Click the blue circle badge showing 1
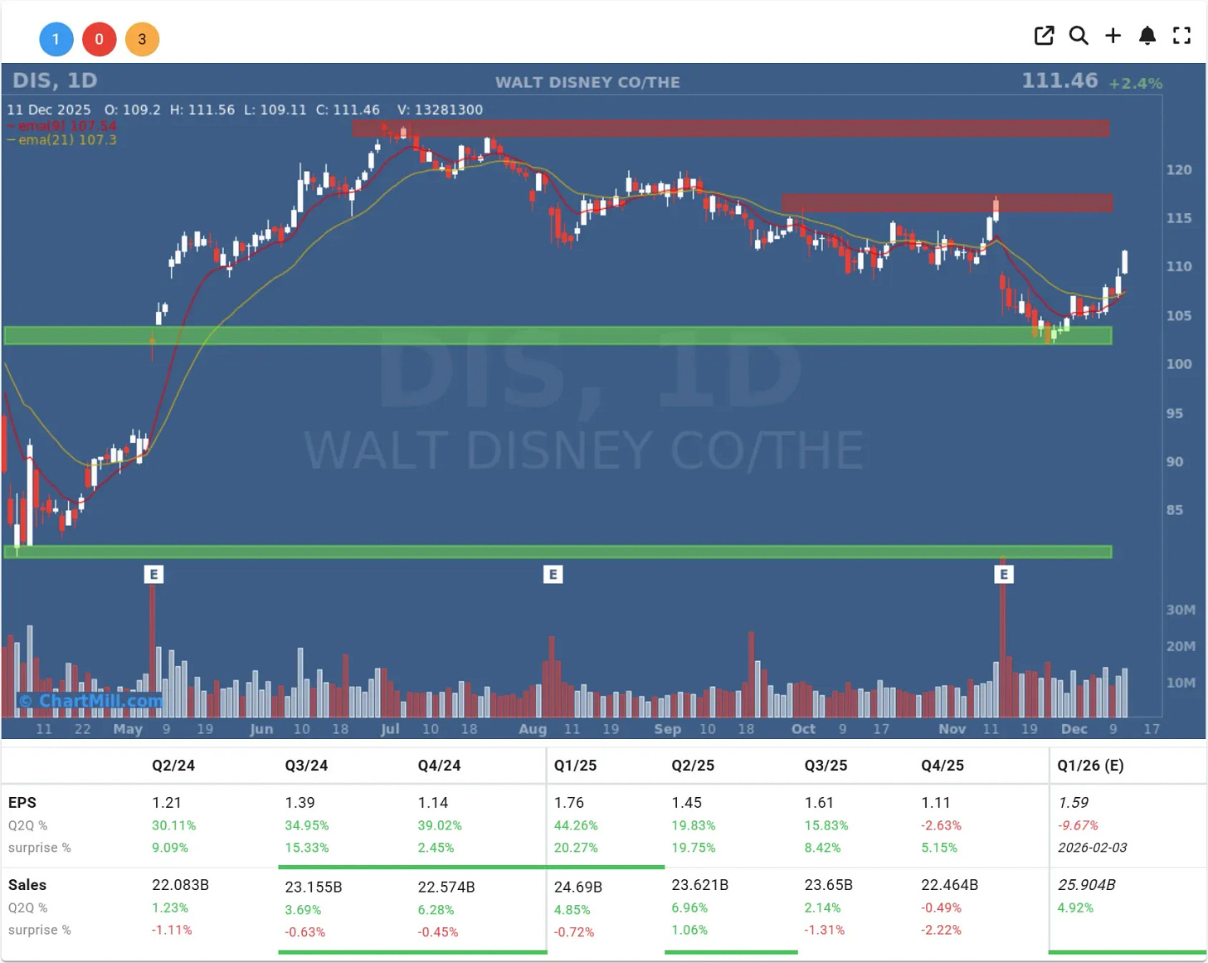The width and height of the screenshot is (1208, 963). pyautogui.click(x=56, y=39)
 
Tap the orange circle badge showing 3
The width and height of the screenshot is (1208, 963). pyautogui.click(x=142, y=39)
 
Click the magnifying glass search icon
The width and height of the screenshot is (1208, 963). pyautogui.click(x=1079, y=36)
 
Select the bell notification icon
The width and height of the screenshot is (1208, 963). pyautogui.click(x=1147, y=36)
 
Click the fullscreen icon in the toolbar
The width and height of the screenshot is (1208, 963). pyautogui.click(x=1181, y=36)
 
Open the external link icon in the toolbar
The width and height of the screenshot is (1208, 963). pyautogui.click(x=1044, y=36)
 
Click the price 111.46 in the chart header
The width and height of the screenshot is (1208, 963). pyautogui.click(x=1059, y=80)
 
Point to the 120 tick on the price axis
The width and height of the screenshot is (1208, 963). pyautogui.click(x=1179, y=170)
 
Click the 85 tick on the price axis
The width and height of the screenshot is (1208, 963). pyautogui.click(x=1175, y=510)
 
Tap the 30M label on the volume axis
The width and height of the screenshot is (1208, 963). pyautogui.click(x=1181, y=610)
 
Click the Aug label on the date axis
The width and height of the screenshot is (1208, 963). pyautogui.click(x=533, y=729)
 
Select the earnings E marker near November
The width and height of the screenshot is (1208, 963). pyautogui.click(x=1004, y=574)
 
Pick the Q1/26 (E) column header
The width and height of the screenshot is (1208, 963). pyautogui.click(x=1090, y=766)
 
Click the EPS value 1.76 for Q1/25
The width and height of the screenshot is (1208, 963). pyautogui.click(x=569, y=803)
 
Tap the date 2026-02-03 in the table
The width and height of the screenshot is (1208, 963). pyautogui.click(x=1092, y=848)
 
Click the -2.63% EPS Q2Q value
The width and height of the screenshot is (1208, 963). pyautogui.click(x=941, y=825)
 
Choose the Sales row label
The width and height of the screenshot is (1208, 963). pyautogui.click(x=27, y=885)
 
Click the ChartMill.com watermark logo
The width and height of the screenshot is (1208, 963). pyautogui.click(x=91, y=701)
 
